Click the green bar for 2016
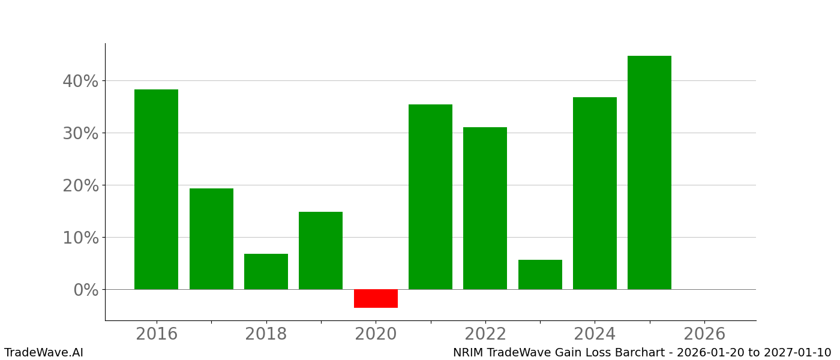156,189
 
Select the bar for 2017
211,239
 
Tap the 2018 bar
266,271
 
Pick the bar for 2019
320,250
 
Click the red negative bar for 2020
376,298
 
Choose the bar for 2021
430,197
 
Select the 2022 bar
485,208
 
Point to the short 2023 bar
540,274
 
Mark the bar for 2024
595,193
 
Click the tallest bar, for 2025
649,172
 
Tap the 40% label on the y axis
80,81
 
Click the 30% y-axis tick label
80,133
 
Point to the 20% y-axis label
80,185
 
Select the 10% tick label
80,238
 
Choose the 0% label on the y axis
86,290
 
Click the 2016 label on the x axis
157,334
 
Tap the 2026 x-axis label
704,334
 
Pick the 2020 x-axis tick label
376,334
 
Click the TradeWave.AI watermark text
44,353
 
